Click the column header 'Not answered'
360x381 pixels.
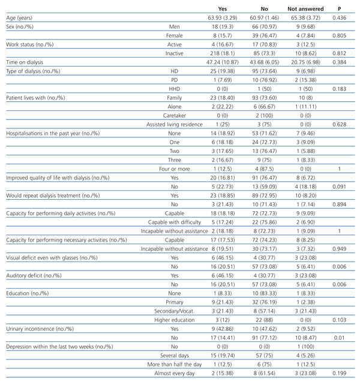point(305,9)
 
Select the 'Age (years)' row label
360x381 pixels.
point(21,19)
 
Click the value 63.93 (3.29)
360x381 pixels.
point(222,19)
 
